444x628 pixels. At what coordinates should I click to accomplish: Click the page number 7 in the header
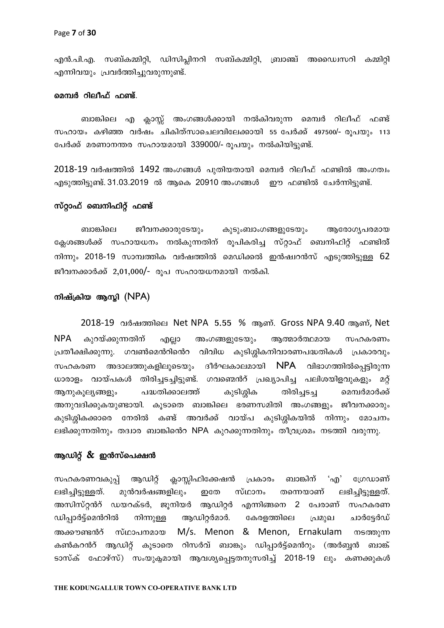pyautogui.click(x=74, y=33)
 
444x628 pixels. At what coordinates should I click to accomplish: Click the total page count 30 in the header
pyautogui.click(x=91, y=33)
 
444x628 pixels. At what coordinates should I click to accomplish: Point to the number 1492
pyautogui.click(x=149, y=170)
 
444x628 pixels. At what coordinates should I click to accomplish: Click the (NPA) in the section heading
pyautogui.click(x=137, y=297)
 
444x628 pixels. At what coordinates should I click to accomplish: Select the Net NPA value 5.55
pyautogui.click(x=223, y=323)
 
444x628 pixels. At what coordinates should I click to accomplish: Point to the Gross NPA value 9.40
pyautogui.click(x=336, y=323)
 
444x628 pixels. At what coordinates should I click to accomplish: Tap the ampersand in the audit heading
pyautogui.click(x=90, y=455)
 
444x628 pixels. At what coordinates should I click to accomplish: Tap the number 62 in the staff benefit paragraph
pyautogui.click(x=384, y=257)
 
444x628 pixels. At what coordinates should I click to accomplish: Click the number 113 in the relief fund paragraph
pyautogui.click(x=384, y=132)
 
